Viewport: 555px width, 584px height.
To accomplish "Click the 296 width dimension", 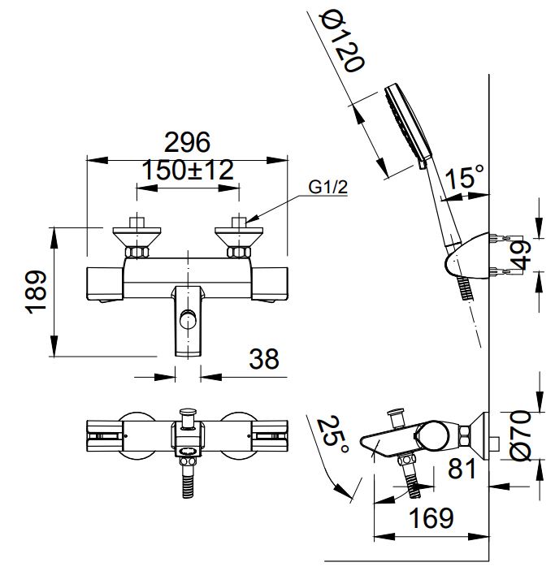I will point(187,142).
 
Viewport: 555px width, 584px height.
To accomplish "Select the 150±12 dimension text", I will point(188,171).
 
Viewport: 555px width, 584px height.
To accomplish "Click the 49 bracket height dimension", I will point(522,253).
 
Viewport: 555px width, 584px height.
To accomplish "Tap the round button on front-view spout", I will point(189,318).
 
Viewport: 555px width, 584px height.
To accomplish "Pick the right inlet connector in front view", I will point(240,236).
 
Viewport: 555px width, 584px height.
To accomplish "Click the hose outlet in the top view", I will point(189,480).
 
